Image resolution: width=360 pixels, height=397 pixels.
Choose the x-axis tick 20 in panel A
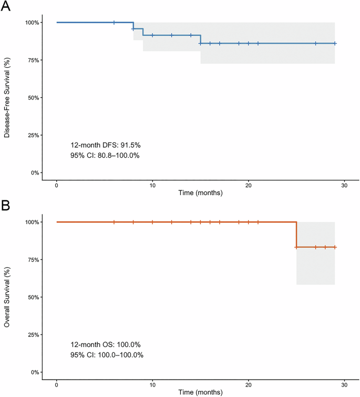248,184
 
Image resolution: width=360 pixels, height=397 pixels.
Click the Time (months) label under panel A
200,193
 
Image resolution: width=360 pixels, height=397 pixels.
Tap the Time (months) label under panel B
200,392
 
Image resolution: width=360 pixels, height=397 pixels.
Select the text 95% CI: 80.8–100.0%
105,155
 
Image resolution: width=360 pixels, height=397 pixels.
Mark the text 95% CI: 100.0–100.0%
107,354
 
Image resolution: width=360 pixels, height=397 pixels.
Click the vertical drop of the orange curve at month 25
296,235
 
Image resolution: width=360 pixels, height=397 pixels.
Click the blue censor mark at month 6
114,23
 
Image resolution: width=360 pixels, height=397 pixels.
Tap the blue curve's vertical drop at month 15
200,39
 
